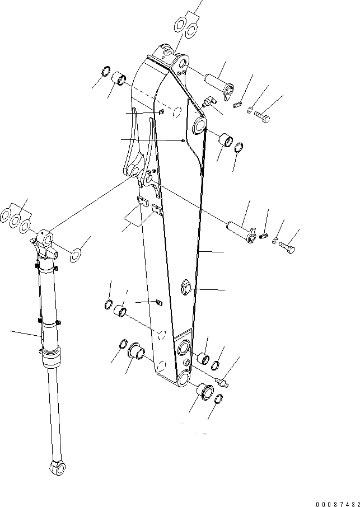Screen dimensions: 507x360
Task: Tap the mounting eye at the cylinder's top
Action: tap(46, 239)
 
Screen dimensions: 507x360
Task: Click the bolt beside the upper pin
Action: tap(263, 116)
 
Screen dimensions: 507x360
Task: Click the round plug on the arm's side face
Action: tap(186, 289)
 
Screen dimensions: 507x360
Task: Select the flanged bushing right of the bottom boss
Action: tap(204, 391)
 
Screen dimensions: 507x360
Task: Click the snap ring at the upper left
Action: tap(104, 73)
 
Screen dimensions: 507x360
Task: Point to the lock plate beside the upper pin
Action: tap(237, 103)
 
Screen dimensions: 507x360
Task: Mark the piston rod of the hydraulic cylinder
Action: tap(52, 414)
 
